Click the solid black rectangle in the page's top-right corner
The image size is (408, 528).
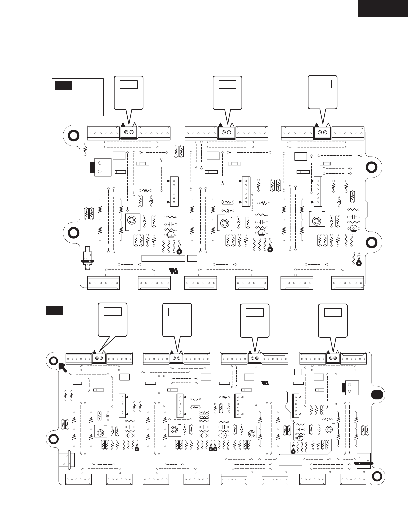click(x=383, y=8)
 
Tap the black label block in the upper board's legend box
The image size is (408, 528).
click(x=64, y=85)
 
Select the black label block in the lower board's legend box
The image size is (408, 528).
click(x=54, y=310)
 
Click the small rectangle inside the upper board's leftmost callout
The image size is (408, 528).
click(x=129, y=84)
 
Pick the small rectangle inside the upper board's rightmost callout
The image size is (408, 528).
click(x=322, y=84)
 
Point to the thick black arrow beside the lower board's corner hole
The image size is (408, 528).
click(x=62, y=367)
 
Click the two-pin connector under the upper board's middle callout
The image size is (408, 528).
click(x=227, y=132)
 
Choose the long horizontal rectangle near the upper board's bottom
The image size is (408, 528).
click(x=163, y=258)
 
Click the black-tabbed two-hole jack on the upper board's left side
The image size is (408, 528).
click(x=101, y=167)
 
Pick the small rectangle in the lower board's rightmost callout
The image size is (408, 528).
click(x=333, y=313)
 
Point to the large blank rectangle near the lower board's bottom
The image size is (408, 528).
click(x=290, y=459)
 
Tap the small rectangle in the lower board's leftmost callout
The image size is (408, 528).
click(x=113, y=311)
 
